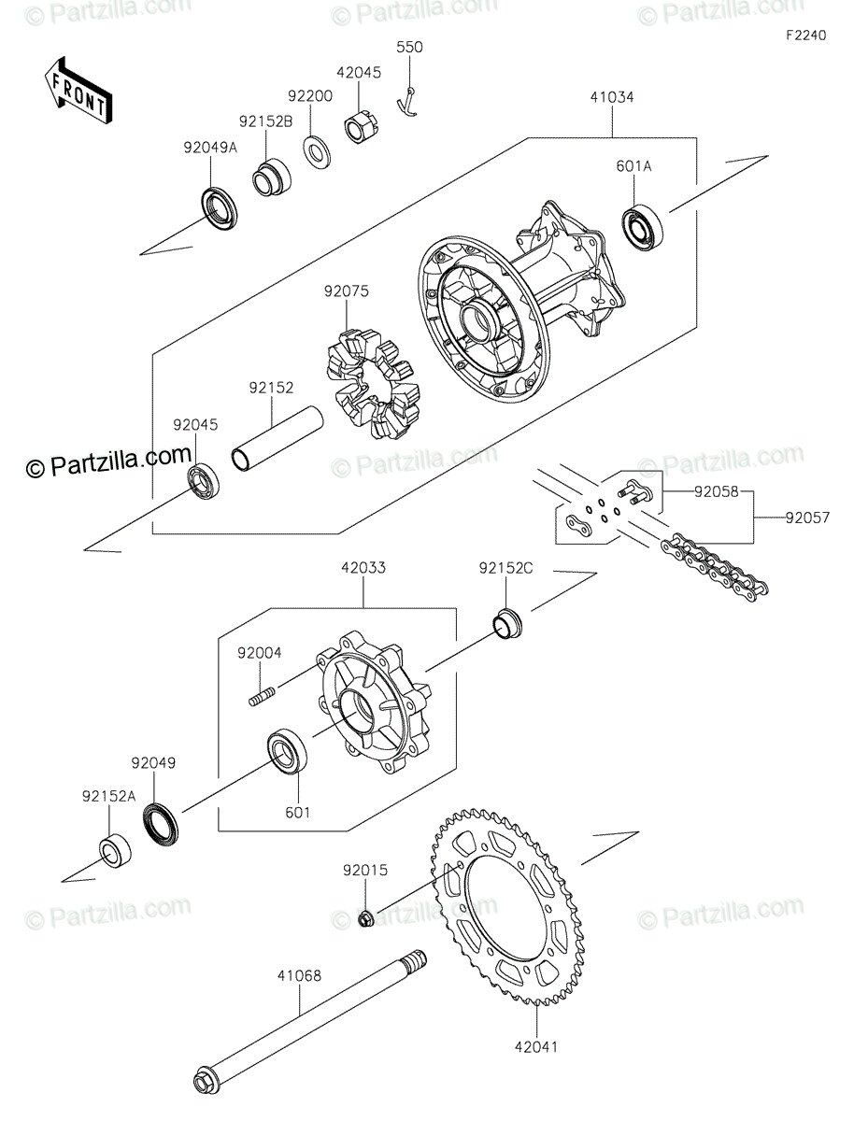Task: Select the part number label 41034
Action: [x=611, y=96]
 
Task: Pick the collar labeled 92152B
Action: [x=269, y=177]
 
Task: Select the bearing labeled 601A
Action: [x=642, y=224]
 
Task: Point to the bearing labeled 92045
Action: [x=201, y=483]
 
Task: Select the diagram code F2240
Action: [x=805, y=35]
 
